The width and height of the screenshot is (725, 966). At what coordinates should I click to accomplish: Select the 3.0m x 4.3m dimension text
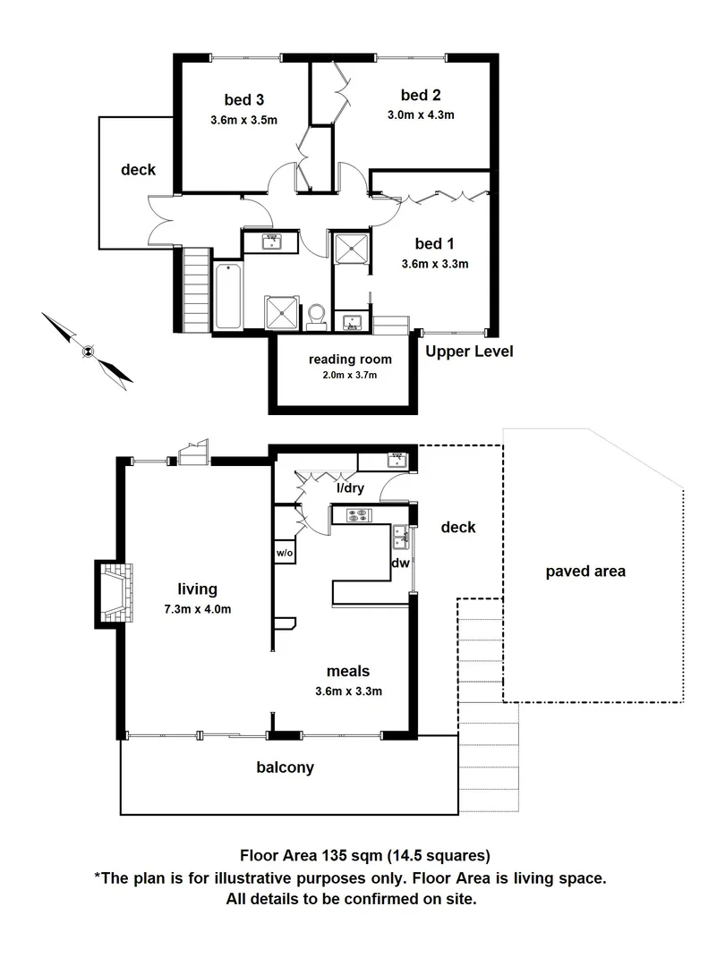pyautogui.click(x=421, y=114)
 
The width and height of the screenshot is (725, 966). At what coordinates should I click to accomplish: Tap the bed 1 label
pyautogui.click(x=434, y=242)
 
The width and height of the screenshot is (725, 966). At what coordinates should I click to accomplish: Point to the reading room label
pyautogui.click(x=350, y=359)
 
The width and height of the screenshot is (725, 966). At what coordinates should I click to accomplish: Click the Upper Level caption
pyautogui.click(x=469, y=352)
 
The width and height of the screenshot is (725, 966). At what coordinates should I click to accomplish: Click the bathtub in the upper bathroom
pyautogui.click(x=227, y=297)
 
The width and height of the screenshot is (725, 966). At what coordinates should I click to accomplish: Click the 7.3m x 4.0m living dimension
pyautogui.click(x=198, y=610)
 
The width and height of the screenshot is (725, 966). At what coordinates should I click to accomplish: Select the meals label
pyautogui.click(x=348, y=671)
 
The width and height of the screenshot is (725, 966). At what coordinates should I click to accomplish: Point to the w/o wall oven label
pyautogui.click(x=285, y=553)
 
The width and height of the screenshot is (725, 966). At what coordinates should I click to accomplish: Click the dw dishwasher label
pyautogui.click(x=400, y=563)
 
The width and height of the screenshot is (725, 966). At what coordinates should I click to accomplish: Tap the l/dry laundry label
pyautogui.click(x=350, y=488)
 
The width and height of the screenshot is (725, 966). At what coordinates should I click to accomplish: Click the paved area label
pyautogui.click(x=585, y=571)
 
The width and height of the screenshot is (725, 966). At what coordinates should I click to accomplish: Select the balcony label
pyautogui.click(x=285, y=767)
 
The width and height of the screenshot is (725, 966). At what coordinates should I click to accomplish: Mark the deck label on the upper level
pyautogui.click(x=139, y=170)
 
